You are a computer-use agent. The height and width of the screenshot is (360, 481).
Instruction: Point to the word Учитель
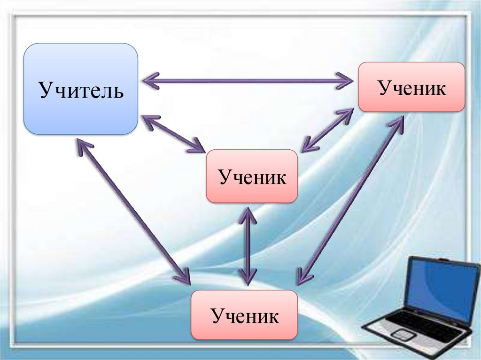[x=81, y=90]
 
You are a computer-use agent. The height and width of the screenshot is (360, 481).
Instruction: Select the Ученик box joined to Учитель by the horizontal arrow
[x=411, y=87]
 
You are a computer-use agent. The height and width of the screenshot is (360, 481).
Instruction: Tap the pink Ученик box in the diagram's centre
[x=252, y=176]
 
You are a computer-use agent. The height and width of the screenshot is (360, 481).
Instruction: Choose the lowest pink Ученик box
[x=244, y=315]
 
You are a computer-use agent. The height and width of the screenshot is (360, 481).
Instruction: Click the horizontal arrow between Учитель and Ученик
[x=248, y=81]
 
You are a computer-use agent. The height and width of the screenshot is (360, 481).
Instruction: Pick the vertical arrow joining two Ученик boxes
[x=247, y=246]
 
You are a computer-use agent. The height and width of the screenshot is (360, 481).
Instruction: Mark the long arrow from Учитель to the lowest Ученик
[x=134, y=211]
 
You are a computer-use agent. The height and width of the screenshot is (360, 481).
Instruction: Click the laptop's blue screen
[x=441, y=286]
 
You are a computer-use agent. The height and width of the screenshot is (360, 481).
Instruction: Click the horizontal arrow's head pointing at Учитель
[x=149, y=81]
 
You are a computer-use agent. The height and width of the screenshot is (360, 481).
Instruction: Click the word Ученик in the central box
[x=252, y=177]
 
